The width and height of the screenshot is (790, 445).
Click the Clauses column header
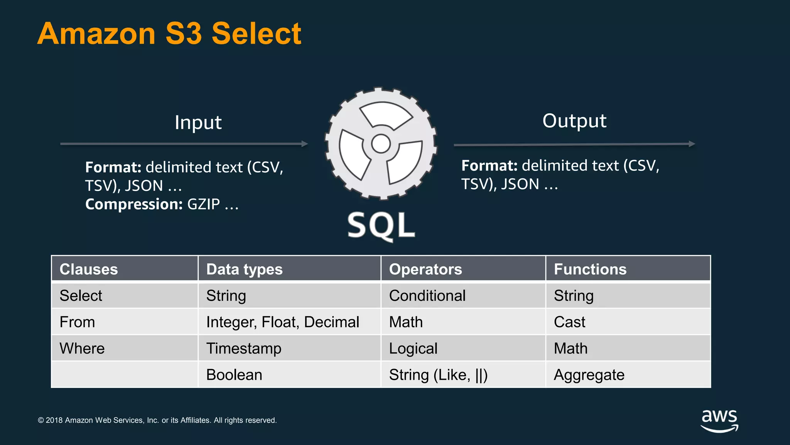(89, 269)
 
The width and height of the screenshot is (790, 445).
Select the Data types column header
(244, 269)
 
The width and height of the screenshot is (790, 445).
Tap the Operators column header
(425, 269)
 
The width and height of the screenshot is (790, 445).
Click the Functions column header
(590, 269)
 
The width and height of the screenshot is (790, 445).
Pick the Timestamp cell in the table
(244, 348)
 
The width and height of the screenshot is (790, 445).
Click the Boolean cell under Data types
(234, 375)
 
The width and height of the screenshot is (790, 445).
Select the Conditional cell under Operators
(427, 296)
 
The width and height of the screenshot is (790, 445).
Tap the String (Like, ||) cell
(438, 375)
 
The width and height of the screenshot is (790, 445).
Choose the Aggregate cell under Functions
(589, 375)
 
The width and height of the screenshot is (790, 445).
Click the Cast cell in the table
(569, 322)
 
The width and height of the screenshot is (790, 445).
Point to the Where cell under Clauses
(82, 348)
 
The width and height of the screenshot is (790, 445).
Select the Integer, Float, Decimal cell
(283, 322)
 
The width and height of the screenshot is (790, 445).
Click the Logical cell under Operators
(413, 348)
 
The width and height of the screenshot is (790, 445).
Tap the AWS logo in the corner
(719, 421)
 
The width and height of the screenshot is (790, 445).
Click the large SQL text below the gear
(381, 226)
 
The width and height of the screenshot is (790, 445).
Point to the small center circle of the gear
(381, 144)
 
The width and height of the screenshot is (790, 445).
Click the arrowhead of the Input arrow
(305, 144)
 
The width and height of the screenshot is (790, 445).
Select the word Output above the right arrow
(574, 121)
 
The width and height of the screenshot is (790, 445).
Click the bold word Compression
(134, 204)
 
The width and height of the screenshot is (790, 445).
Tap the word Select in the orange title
(256, 34)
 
